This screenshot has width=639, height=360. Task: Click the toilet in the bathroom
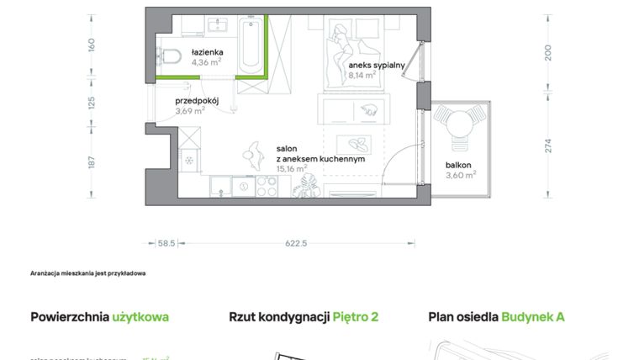point(172,56)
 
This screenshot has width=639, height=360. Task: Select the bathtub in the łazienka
point(251,46)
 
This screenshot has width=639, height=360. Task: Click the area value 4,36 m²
point(206,61)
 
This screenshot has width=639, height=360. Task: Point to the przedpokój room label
point(197,100)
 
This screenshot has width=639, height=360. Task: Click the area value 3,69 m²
point(190,110)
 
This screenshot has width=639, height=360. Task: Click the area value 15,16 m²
point(291,167)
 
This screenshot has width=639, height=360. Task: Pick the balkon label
point(458,165)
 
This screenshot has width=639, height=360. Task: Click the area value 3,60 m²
point(461,175)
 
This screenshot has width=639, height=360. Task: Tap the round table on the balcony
point(459,127)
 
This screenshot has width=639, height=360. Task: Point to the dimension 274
point(548,145)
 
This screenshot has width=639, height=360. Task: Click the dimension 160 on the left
point(92,44)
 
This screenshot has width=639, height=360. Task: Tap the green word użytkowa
point(140,317)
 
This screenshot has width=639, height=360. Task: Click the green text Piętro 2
point(355,317)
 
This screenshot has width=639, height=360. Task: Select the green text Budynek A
point(533,317)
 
